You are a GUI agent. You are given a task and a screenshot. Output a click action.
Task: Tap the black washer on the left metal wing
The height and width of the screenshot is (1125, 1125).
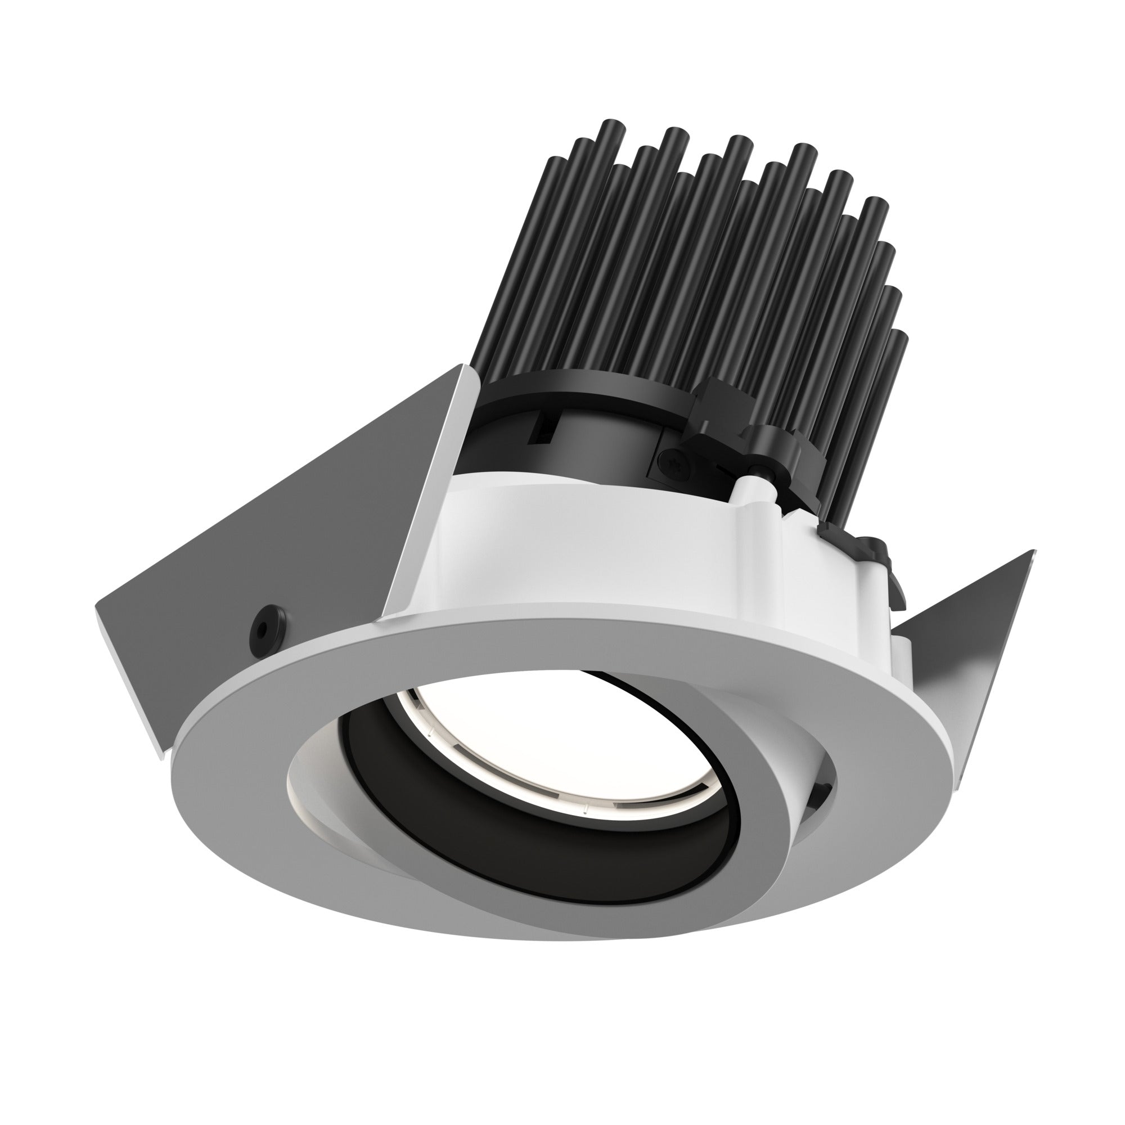264,628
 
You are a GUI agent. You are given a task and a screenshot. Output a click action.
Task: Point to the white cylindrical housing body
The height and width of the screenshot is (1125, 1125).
582,553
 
